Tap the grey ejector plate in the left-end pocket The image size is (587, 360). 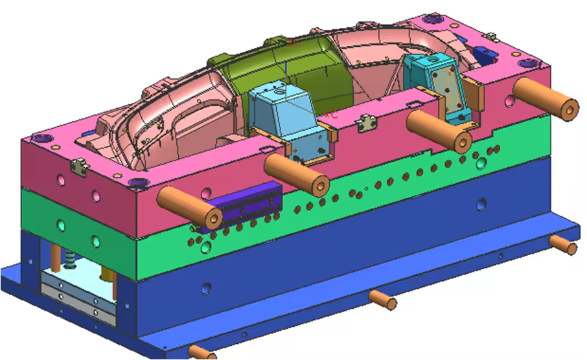click(77, 291)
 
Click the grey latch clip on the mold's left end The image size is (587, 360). click(80, 166)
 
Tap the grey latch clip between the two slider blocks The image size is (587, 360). click(367, 121)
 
